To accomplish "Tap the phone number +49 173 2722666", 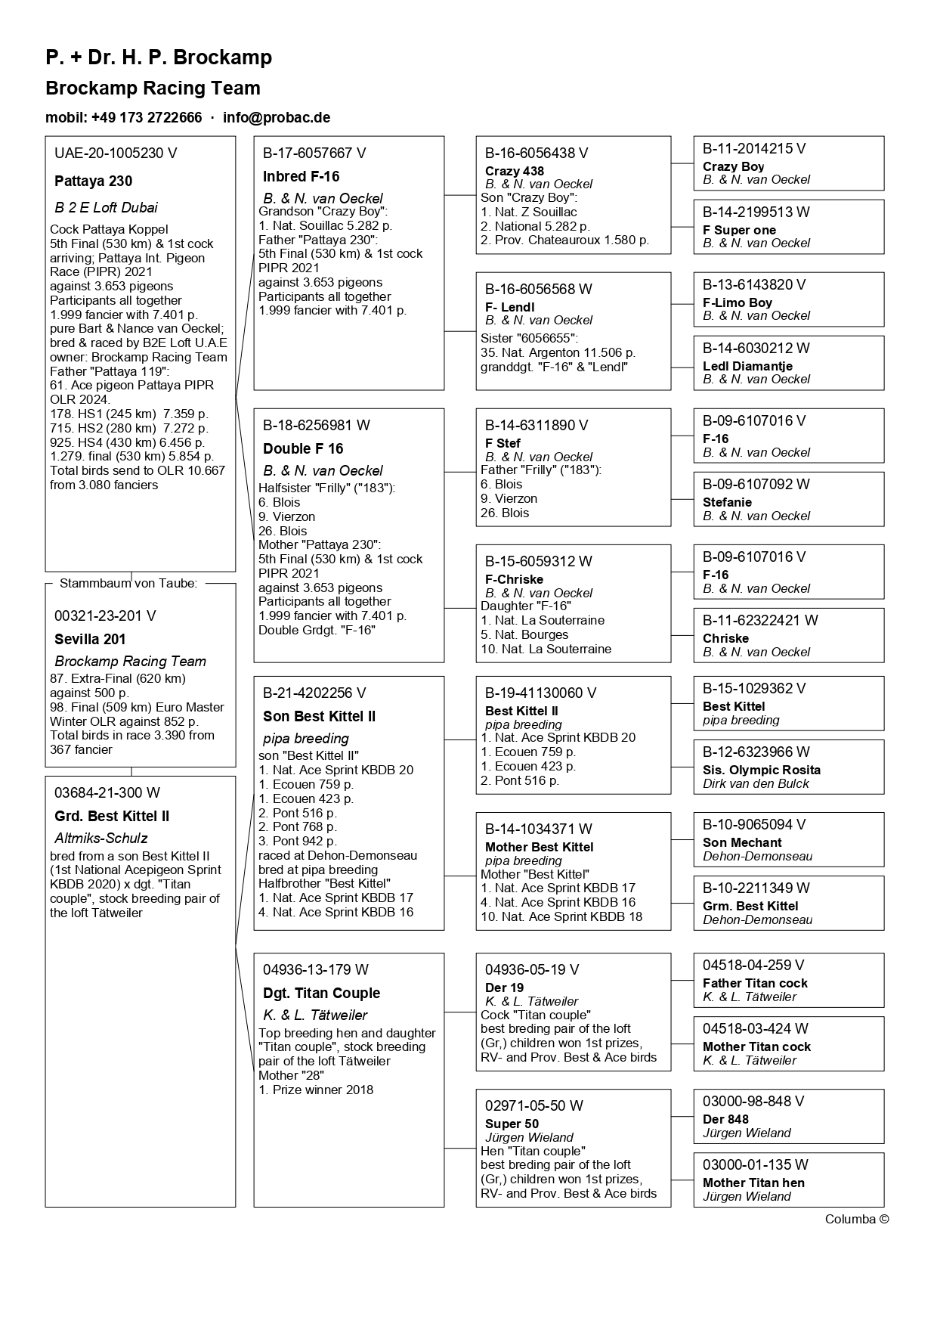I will click(x=147, y=118).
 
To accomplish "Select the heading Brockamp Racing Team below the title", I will click(x=153, y=88).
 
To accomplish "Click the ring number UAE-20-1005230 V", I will click(x=116, y=153).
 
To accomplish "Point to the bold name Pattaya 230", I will click(x=93, y=181).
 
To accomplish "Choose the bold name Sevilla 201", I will click(x=90, y=640).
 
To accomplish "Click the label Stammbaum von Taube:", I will click(x=128, y=583).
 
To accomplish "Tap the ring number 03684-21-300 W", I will click(x=107, y=793).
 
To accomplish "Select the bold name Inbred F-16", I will click(x=301, y=177).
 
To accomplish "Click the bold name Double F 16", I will click(x=303, y=449).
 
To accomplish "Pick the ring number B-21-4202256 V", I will click(x=314, y=693).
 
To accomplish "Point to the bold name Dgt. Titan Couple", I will click(x=321, y=994).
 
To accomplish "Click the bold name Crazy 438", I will click(x=514, y=172).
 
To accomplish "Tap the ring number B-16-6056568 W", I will click(x=538, y=290).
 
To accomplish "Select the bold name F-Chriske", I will click(x=514, y=580).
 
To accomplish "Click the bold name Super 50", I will click(x=512, y=1124).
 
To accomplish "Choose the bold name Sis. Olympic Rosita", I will click(x=761, y=770).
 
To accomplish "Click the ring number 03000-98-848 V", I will click(x=753, y=1102).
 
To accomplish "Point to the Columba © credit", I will click(x=856, y=1219).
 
